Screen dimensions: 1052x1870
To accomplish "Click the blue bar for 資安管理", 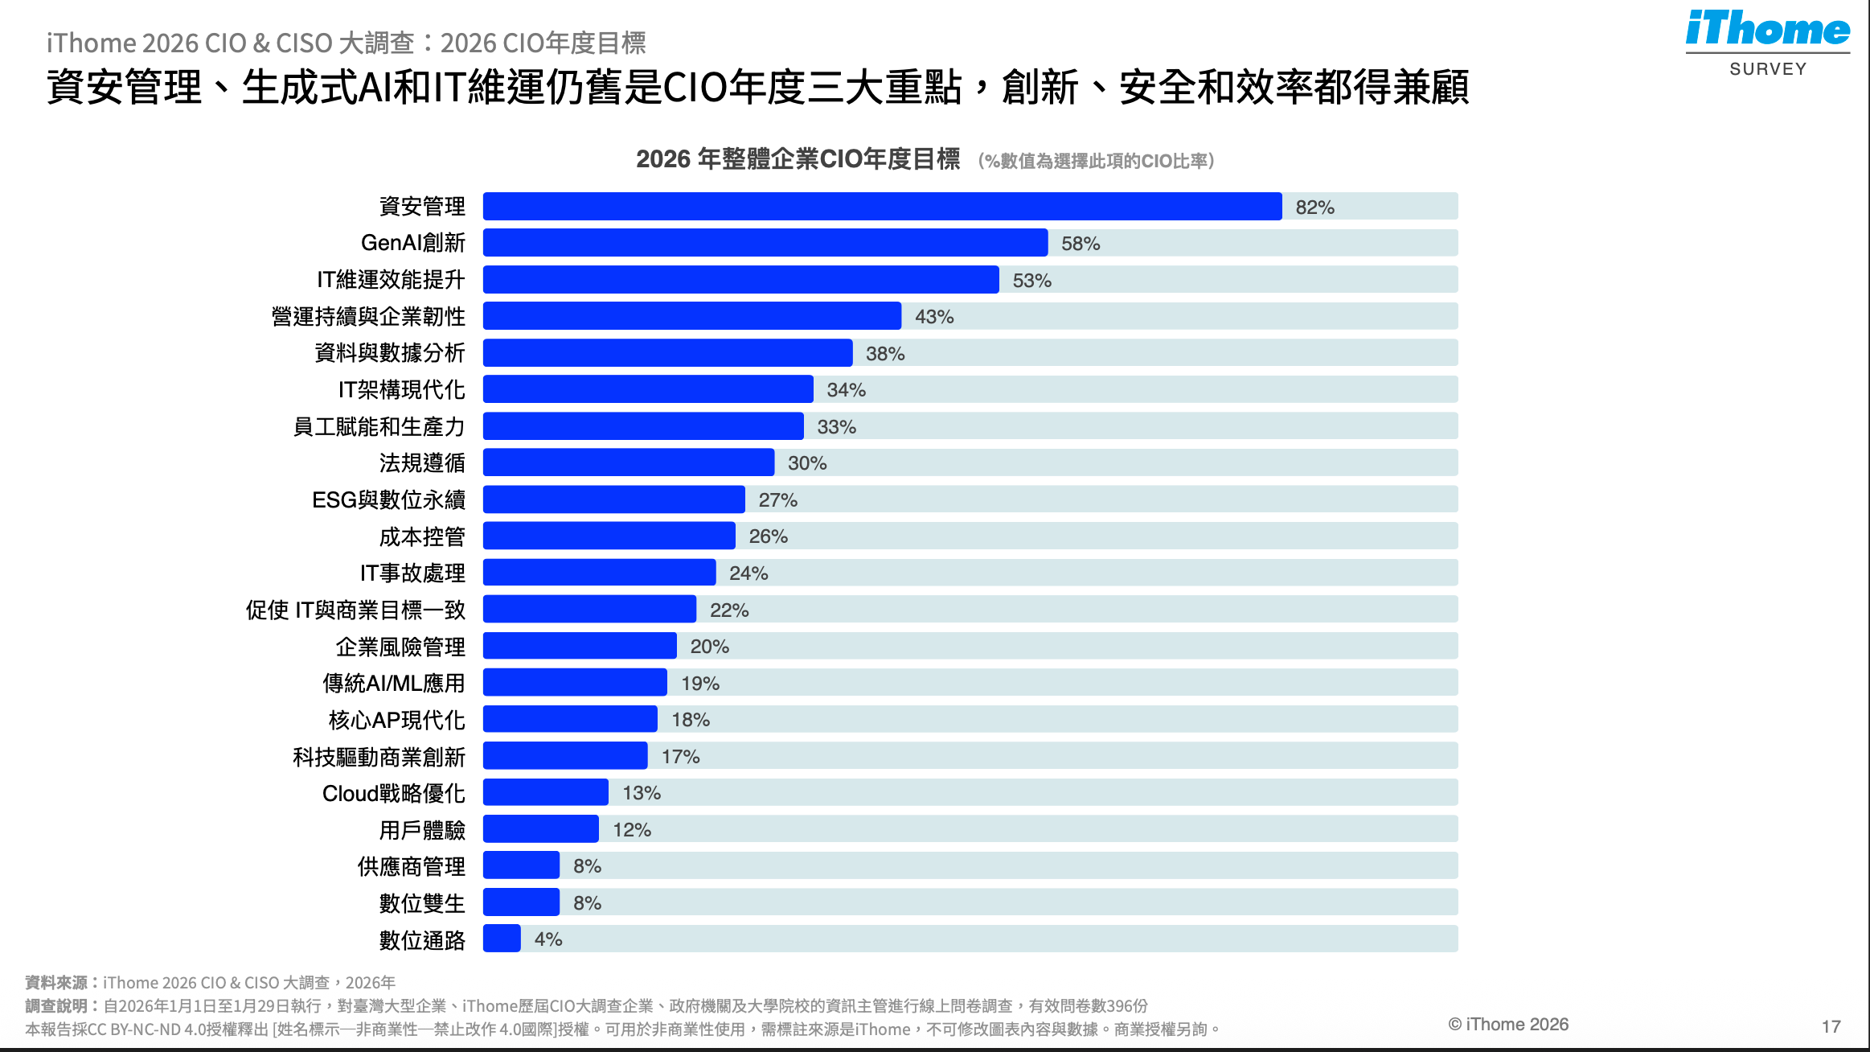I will tap(882, 207).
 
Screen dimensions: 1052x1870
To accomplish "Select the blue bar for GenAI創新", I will tap(765, 243).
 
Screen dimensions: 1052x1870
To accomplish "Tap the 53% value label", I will tap(1031, 281).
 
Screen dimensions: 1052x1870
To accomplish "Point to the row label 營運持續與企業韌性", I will tap(368, 317).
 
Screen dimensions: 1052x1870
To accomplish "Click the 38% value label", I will tap(884, 354).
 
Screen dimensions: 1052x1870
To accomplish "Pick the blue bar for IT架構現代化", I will tap(648, 390).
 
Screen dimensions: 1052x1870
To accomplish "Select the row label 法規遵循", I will tap(422, 463).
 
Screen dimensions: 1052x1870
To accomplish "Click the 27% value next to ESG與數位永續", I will tap(777, 500).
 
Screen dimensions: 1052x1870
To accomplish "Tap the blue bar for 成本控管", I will tap(609, 536).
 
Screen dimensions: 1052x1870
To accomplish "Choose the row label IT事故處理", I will tap(412, 573).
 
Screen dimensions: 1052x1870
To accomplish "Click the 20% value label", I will tap(709, 647).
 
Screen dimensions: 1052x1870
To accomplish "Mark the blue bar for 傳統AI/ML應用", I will tap(575, 683).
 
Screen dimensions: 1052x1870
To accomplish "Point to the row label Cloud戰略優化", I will tap(393, 794).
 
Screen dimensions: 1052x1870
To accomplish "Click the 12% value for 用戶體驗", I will tap(632, 830).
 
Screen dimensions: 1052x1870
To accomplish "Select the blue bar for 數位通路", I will tap(502, 939).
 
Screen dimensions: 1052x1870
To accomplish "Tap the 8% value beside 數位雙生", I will tap(587, 903).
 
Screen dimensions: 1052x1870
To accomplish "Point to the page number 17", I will tap(1831, 1026).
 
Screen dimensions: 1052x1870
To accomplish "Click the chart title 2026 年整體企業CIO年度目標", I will tap(798, 159).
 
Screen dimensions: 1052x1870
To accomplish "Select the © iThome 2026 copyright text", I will tap(1508, 1025).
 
